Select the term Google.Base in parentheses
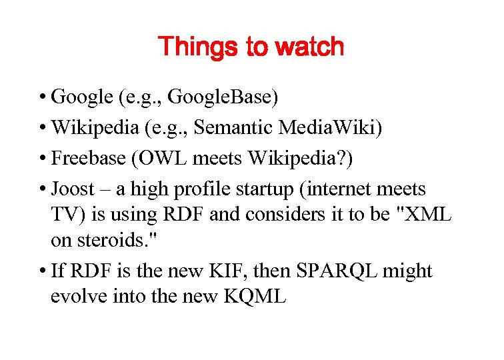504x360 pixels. tap(221, 97)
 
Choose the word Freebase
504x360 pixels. tap(89, 159)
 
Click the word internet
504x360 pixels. tap(339, 189)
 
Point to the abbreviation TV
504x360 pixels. tap(64, 215)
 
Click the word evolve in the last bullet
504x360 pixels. tap(75, 297)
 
